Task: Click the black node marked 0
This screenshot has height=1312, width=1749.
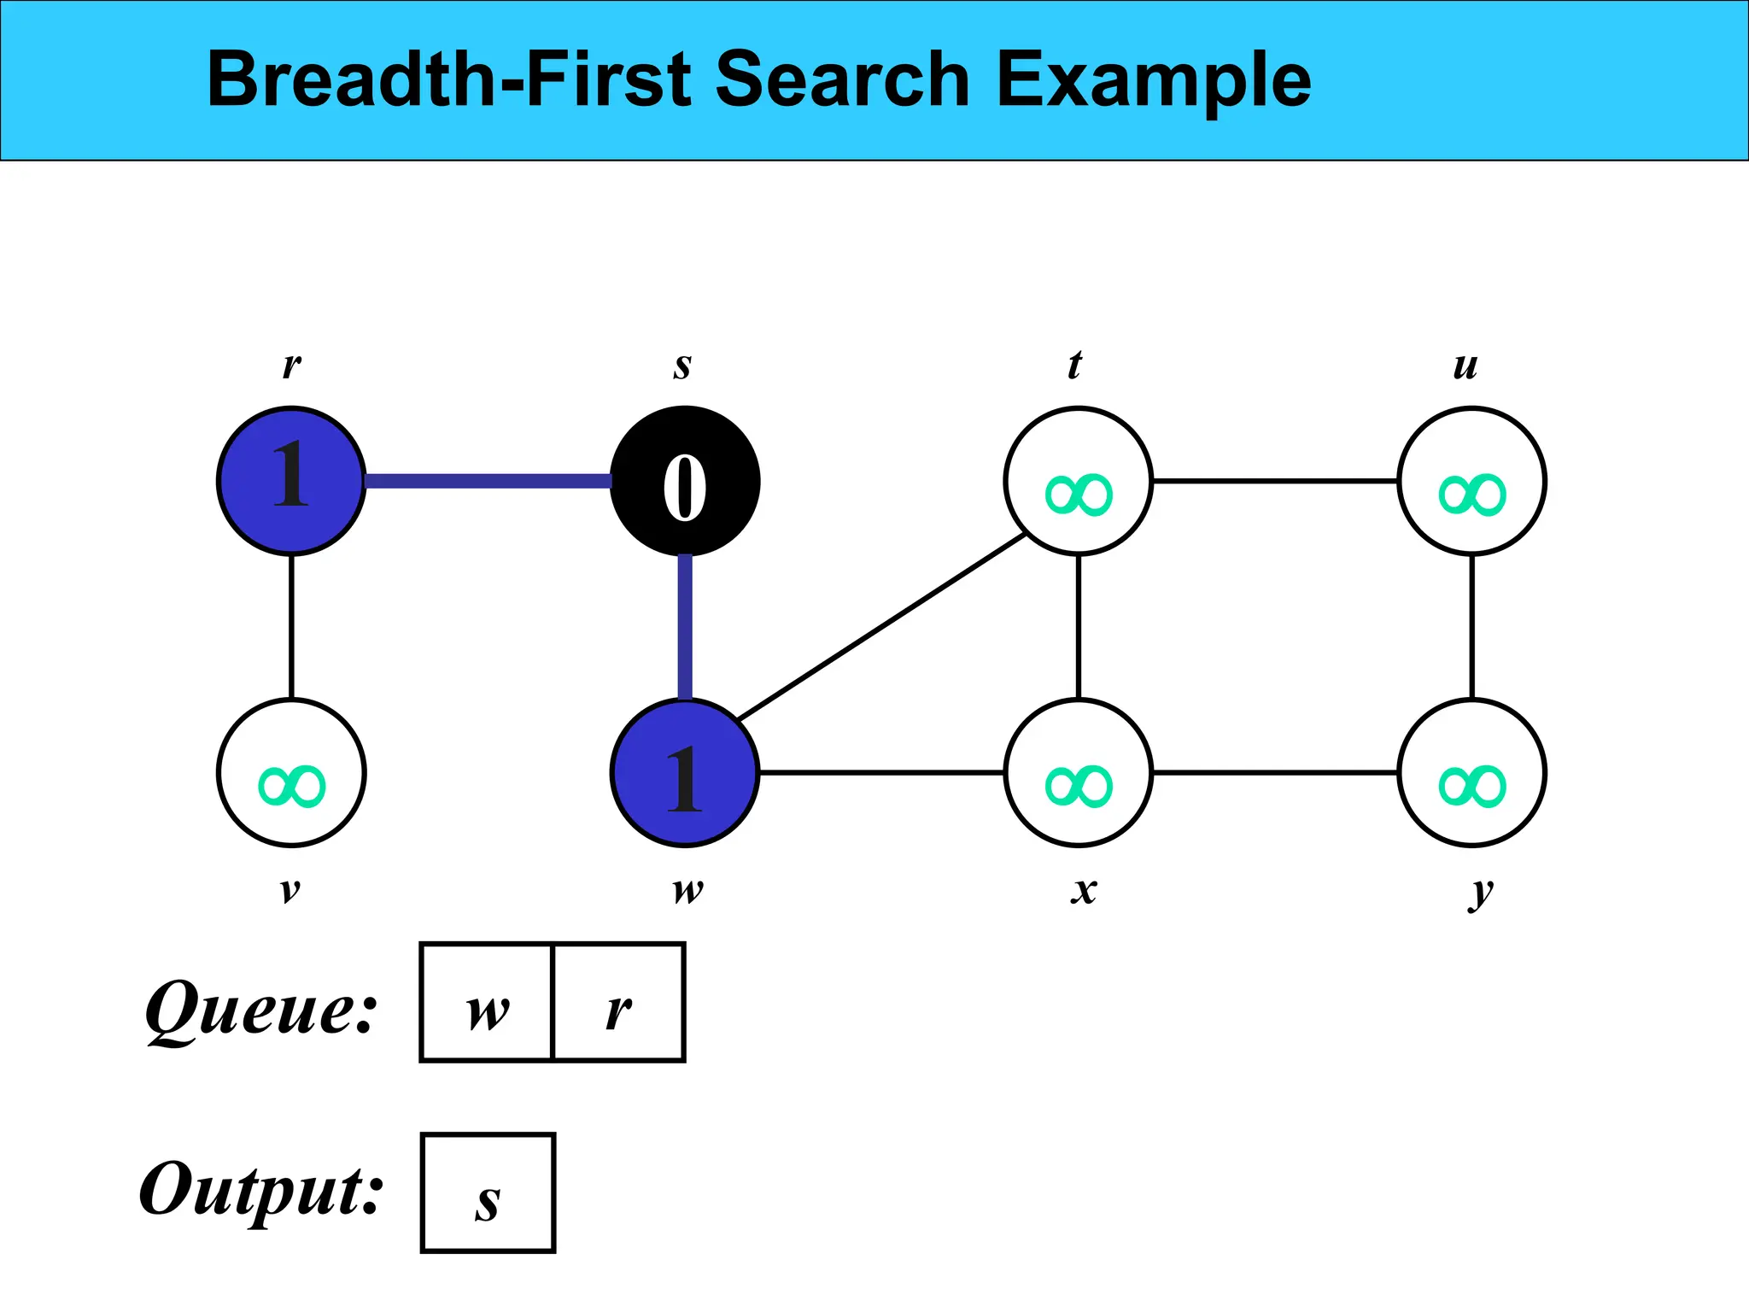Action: click(x=685, y=481)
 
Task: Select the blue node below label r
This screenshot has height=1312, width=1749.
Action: click(x=291, y=481)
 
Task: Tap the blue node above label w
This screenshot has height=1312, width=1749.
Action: click(x=685, y=772)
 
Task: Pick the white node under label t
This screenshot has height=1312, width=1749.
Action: click(x=1079, y=481)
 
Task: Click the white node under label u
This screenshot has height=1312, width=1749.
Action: click(x=1471, y=481)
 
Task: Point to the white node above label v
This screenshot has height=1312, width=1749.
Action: click(x=291, y=772)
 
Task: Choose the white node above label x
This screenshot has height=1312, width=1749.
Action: click(x=1079, y=772)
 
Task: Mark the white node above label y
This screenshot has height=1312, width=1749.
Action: click(x=1471, y=772)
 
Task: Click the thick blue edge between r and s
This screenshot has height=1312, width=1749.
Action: click(x=488, y=481)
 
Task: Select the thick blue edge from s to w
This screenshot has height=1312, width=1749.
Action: click(x=685, y=626)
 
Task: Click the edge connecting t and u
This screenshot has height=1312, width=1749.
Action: click(x=1275, y=481)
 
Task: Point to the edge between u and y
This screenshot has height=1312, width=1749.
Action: click(x=1471, y=626)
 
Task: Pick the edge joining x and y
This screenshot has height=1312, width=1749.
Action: click(x=1275, y=772)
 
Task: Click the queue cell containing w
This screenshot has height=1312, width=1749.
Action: click(x=488, y=1003)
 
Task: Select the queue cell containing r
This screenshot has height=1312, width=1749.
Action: click(x=619, y=1003)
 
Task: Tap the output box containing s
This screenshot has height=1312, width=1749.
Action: click(x=488, y=1193)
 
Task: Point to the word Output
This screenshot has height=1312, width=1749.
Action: click(x=260, y=1192)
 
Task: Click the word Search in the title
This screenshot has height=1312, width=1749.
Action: click(x=842, y=79)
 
